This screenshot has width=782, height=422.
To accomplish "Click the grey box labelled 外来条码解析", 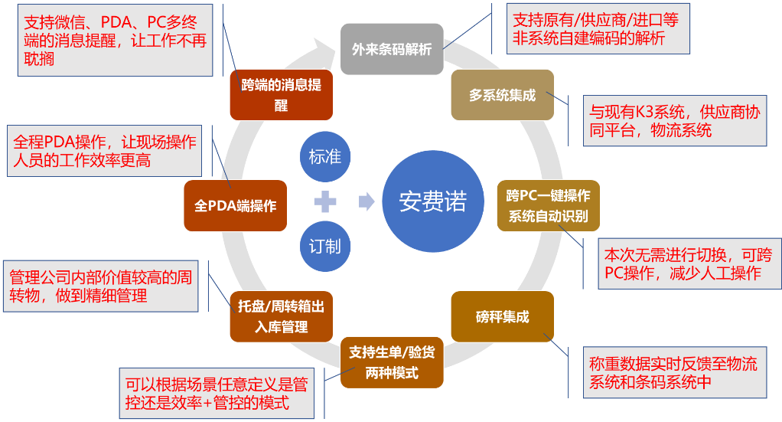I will pyautogui.click(x=392, y=49).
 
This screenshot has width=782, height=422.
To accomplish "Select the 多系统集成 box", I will pyautogui.click(x=502, y=95).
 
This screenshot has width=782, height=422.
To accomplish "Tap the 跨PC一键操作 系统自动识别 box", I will pyautogui.click(x=548, y=205).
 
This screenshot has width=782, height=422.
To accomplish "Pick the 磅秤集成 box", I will pyautogui.click(x=502, y=316).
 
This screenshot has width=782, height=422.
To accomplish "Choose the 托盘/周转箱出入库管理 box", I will pyautogui.click(x=281, y=316).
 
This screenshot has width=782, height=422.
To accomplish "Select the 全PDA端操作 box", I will pyautogui.click(x=236, y=205).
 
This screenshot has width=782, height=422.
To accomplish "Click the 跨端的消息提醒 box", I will pyautogui.click(x=281, y=95).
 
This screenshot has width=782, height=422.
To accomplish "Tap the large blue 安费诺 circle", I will pyautogui.click(x=432, y=202).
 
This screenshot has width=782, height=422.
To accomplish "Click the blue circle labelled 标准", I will pyautogui.click(x=325, y=157).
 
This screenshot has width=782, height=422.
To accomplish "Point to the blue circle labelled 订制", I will pyautogui.click(x=325, y=247).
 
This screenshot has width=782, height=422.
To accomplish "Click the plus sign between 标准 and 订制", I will pyautogui.click(x=325, y=202).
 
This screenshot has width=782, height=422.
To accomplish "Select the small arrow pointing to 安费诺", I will pyautogui.click(x=367, y=202).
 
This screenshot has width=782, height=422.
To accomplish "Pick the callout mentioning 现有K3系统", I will pyautogui.click(x=673, y=121).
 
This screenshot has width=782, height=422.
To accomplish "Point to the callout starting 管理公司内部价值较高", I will pyautogui.click(x=99, y=285).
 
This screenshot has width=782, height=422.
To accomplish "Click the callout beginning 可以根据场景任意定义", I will pyautogui.click(x=217, y=392).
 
